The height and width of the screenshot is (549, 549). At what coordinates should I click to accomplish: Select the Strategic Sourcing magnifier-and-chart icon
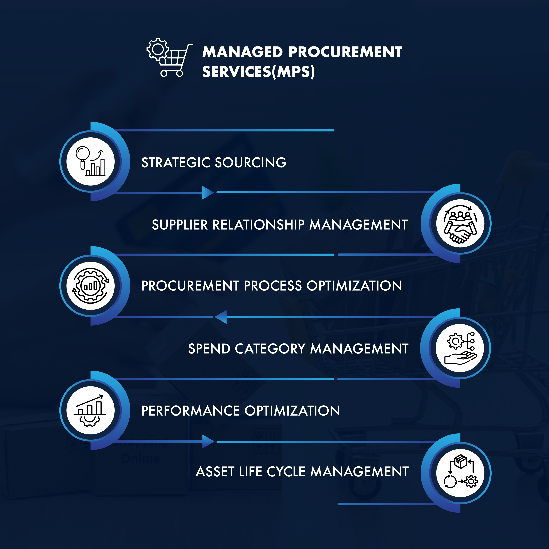click(x=90, y=161)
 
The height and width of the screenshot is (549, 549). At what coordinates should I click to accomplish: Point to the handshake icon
click(x=460, y=223)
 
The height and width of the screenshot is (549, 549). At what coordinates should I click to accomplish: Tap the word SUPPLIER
click(x=180, y=225)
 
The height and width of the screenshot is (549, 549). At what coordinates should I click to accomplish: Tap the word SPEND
click(x=209, y=349)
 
